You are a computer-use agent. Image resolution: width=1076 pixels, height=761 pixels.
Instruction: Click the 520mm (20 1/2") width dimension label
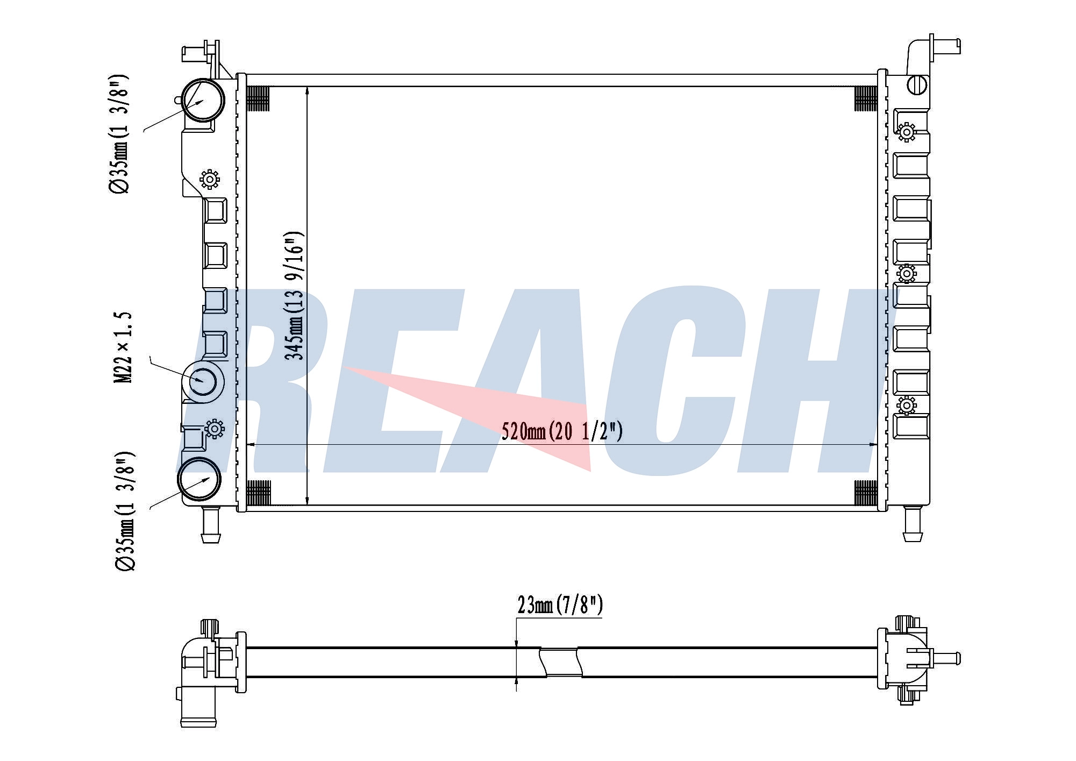point(562,431)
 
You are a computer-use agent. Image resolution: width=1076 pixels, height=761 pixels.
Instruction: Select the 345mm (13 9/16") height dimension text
point(295,296)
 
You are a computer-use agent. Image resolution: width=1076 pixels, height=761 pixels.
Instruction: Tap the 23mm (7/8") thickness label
point(560,605)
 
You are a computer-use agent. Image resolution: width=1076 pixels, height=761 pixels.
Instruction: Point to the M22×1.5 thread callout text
point(123,347)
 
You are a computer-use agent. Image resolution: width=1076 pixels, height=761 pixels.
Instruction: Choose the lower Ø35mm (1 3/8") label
point(124,511)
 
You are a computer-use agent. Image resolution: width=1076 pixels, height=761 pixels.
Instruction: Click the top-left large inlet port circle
point(203,101)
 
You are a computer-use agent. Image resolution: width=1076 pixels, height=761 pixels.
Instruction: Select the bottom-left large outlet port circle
point(199,479)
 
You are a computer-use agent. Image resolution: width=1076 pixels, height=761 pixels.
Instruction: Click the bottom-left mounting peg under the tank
point(210,524)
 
